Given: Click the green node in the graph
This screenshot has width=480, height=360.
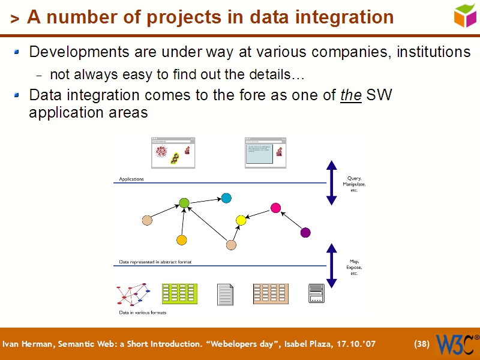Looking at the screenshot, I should point(184,203).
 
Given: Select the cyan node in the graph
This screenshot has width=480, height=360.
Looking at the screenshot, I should point(226,198).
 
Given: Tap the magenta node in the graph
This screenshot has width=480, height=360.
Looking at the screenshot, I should point(275,208).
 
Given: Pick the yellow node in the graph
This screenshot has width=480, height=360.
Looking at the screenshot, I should point(241,220).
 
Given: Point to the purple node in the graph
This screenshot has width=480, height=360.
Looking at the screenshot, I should point(305,232).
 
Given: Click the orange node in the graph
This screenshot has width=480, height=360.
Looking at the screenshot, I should point(182,240).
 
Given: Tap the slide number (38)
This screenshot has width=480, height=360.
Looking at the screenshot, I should point(421,344).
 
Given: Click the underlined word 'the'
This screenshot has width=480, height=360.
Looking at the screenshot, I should point(350,95).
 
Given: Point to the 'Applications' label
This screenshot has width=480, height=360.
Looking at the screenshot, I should point(131,179).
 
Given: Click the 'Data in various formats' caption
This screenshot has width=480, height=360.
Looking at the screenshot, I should point(142,313).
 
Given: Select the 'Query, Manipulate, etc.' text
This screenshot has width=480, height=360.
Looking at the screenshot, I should point(354,184).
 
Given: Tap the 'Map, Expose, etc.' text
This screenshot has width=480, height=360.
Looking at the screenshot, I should point(354,267).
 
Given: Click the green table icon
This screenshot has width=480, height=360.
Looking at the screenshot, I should point(179,293).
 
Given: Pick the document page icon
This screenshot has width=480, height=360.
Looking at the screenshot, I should point(225,294).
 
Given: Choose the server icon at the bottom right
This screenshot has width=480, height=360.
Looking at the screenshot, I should point(316,293).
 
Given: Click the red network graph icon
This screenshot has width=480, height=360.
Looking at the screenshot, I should point(132,294).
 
